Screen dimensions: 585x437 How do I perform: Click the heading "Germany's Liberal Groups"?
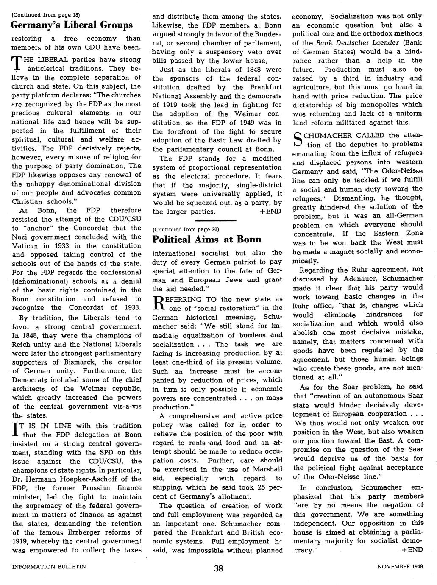point(72,25)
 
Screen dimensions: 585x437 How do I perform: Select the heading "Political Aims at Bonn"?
point(206,239)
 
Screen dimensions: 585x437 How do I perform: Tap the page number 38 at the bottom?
point(218,569)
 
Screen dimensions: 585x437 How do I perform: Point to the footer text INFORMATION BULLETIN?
point(49,566)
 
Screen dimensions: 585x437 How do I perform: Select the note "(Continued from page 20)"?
point(185,229)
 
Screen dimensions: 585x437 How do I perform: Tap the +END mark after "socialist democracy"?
point(412,550)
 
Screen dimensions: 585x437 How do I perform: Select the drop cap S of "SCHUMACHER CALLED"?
point(298,139)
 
